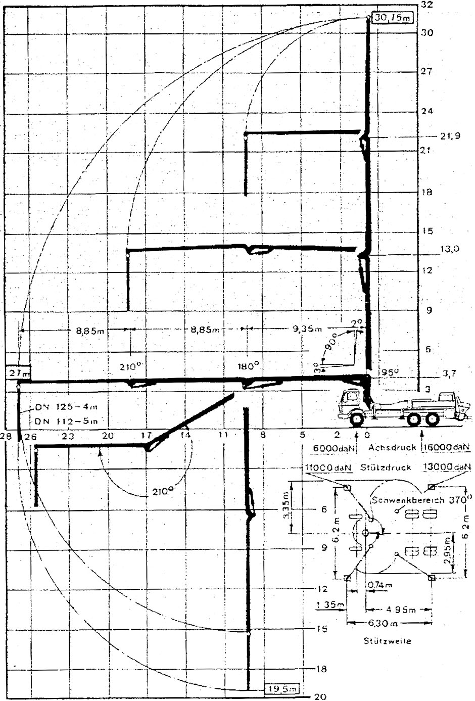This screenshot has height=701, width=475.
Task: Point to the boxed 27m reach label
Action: point(20,372)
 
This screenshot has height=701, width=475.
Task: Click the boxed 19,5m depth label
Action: point(281,688)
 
